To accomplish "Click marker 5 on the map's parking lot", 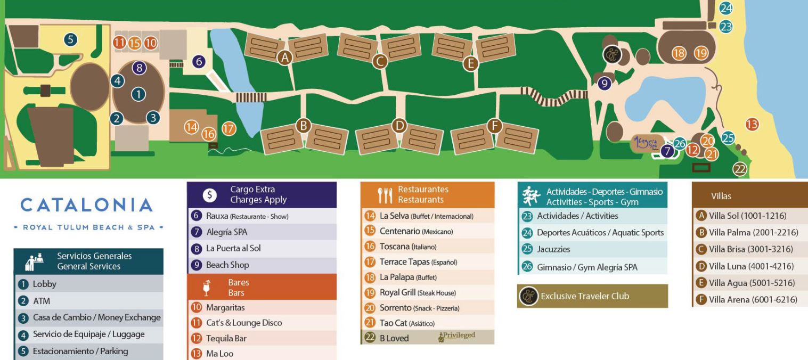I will (x=71, y=39).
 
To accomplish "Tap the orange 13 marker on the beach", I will (x=752, y=124).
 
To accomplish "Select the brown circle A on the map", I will (x=285, y=58).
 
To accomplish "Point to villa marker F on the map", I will (x=495, y=126).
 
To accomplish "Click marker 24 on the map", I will (x=726, y=8).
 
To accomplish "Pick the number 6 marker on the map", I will (x=199, y=62).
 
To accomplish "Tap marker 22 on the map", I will (x=740, y=169).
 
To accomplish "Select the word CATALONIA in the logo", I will (x=87, y=205).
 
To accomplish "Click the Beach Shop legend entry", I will (x=227, y=265).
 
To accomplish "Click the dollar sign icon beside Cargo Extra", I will (x=209, y=195).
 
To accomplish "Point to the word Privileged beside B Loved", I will (x=457, y=336).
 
